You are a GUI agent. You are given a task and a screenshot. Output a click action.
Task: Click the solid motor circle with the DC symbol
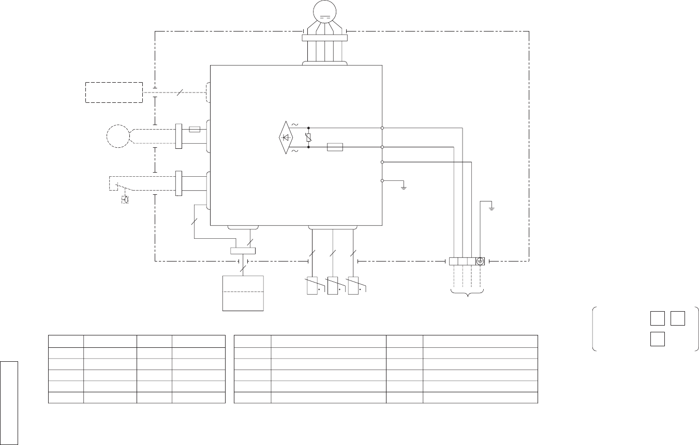point(325,11)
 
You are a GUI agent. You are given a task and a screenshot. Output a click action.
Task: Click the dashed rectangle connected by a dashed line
point(114,92)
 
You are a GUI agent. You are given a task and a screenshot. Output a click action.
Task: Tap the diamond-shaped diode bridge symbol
point(286,137)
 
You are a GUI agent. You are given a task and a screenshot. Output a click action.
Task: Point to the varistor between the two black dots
point(308,137)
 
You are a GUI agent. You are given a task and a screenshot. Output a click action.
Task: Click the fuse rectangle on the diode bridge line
point(335,147)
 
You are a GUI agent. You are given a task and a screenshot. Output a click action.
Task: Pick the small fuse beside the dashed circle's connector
point(195,129)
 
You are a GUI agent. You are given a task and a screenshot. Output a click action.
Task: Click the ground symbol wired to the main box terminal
point(404,187)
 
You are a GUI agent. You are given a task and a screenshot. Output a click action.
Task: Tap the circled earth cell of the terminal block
point(480,262)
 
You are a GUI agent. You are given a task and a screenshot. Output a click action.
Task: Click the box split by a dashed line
point(243,293)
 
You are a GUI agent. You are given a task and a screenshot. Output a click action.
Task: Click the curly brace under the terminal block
point(467,295)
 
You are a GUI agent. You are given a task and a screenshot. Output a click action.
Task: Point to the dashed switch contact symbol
point(122,187)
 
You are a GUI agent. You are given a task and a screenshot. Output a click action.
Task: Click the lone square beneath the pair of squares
point(658,339)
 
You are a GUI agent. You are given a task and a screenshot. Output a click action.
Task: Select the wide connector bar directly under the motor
point(324,37)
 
